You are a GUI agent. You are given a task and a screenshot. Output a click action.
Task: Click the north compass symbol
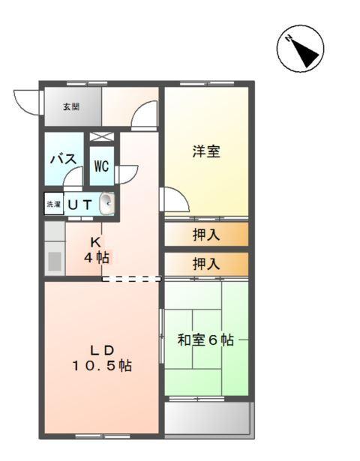click(300, 50)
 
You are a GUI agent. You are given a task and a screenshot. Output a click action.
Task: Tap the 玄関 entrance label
click(70, 107)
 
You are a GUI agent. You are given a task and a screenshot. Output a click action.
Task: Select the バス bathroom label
click(61, 159)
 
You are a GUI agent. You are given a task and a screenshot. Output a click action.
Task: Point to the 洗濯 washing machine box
click(53, 204)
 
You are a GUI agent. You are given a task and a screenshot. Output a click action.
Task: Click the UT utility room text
click(80, 204)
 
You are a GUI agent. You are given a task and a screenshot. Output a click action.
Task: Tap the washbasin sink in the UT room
click(107, 202)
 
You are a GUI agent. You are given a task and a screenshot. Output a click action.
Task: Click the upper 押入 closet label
click(205, 235)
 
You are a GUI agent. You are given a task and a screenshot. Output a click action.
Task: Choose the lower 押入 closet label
click(205, 264)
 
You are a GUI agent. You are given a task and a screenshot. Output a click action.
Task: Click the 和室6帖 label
click(205, 340)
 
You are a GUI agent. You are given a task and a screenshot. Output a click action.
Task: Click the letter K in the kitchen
click(96, 242)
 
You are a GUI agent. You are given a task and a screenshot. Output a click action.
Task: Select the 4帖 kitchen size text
click(96, 258)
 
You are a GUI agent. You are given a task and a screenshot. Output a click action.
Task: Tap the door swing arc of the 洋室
click(174, 201)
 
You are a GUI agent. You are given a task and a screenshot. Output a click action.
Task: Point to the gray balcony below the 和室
click(207, 419)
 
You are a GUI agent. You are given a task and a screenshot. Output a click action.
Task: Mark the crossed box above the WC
click(103, 138)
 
